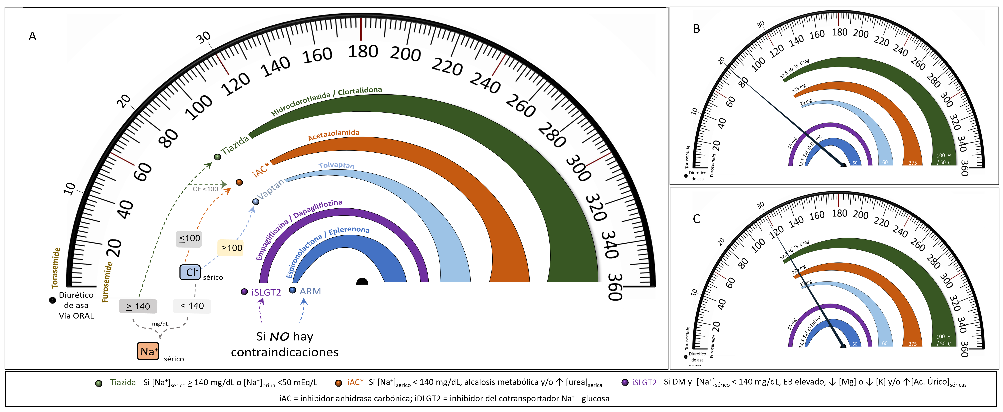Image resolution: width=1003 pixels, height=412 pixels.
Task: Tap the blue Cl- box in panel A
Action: pos(190,272)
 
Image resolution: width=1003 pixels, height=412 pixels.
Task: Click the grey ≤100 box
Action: pos(189,238)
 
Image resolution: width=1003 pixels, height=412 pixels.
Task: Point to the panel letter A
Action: pos(32,36)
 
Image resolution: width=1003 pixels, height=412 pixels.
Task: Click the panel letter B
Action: pos(697,29)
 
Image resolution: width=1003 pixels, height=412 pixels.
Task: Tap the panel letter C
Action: pos(697,219)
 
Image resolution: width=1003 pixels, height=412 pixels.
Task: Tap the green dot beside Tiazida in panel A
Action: pos(218,157)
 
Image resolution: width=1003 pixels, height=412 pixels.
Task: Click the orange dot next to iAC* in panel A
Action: pos(239,182)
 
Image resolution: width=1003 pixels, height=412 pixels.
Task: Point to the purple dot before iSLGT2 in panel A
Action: pos(244,292)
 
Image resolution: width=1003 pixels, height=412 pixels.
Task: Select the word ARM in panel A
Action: pos(310,291)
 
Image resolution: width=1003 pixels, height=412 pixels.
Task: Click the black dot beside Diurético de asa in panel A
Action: pos(52,300)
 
